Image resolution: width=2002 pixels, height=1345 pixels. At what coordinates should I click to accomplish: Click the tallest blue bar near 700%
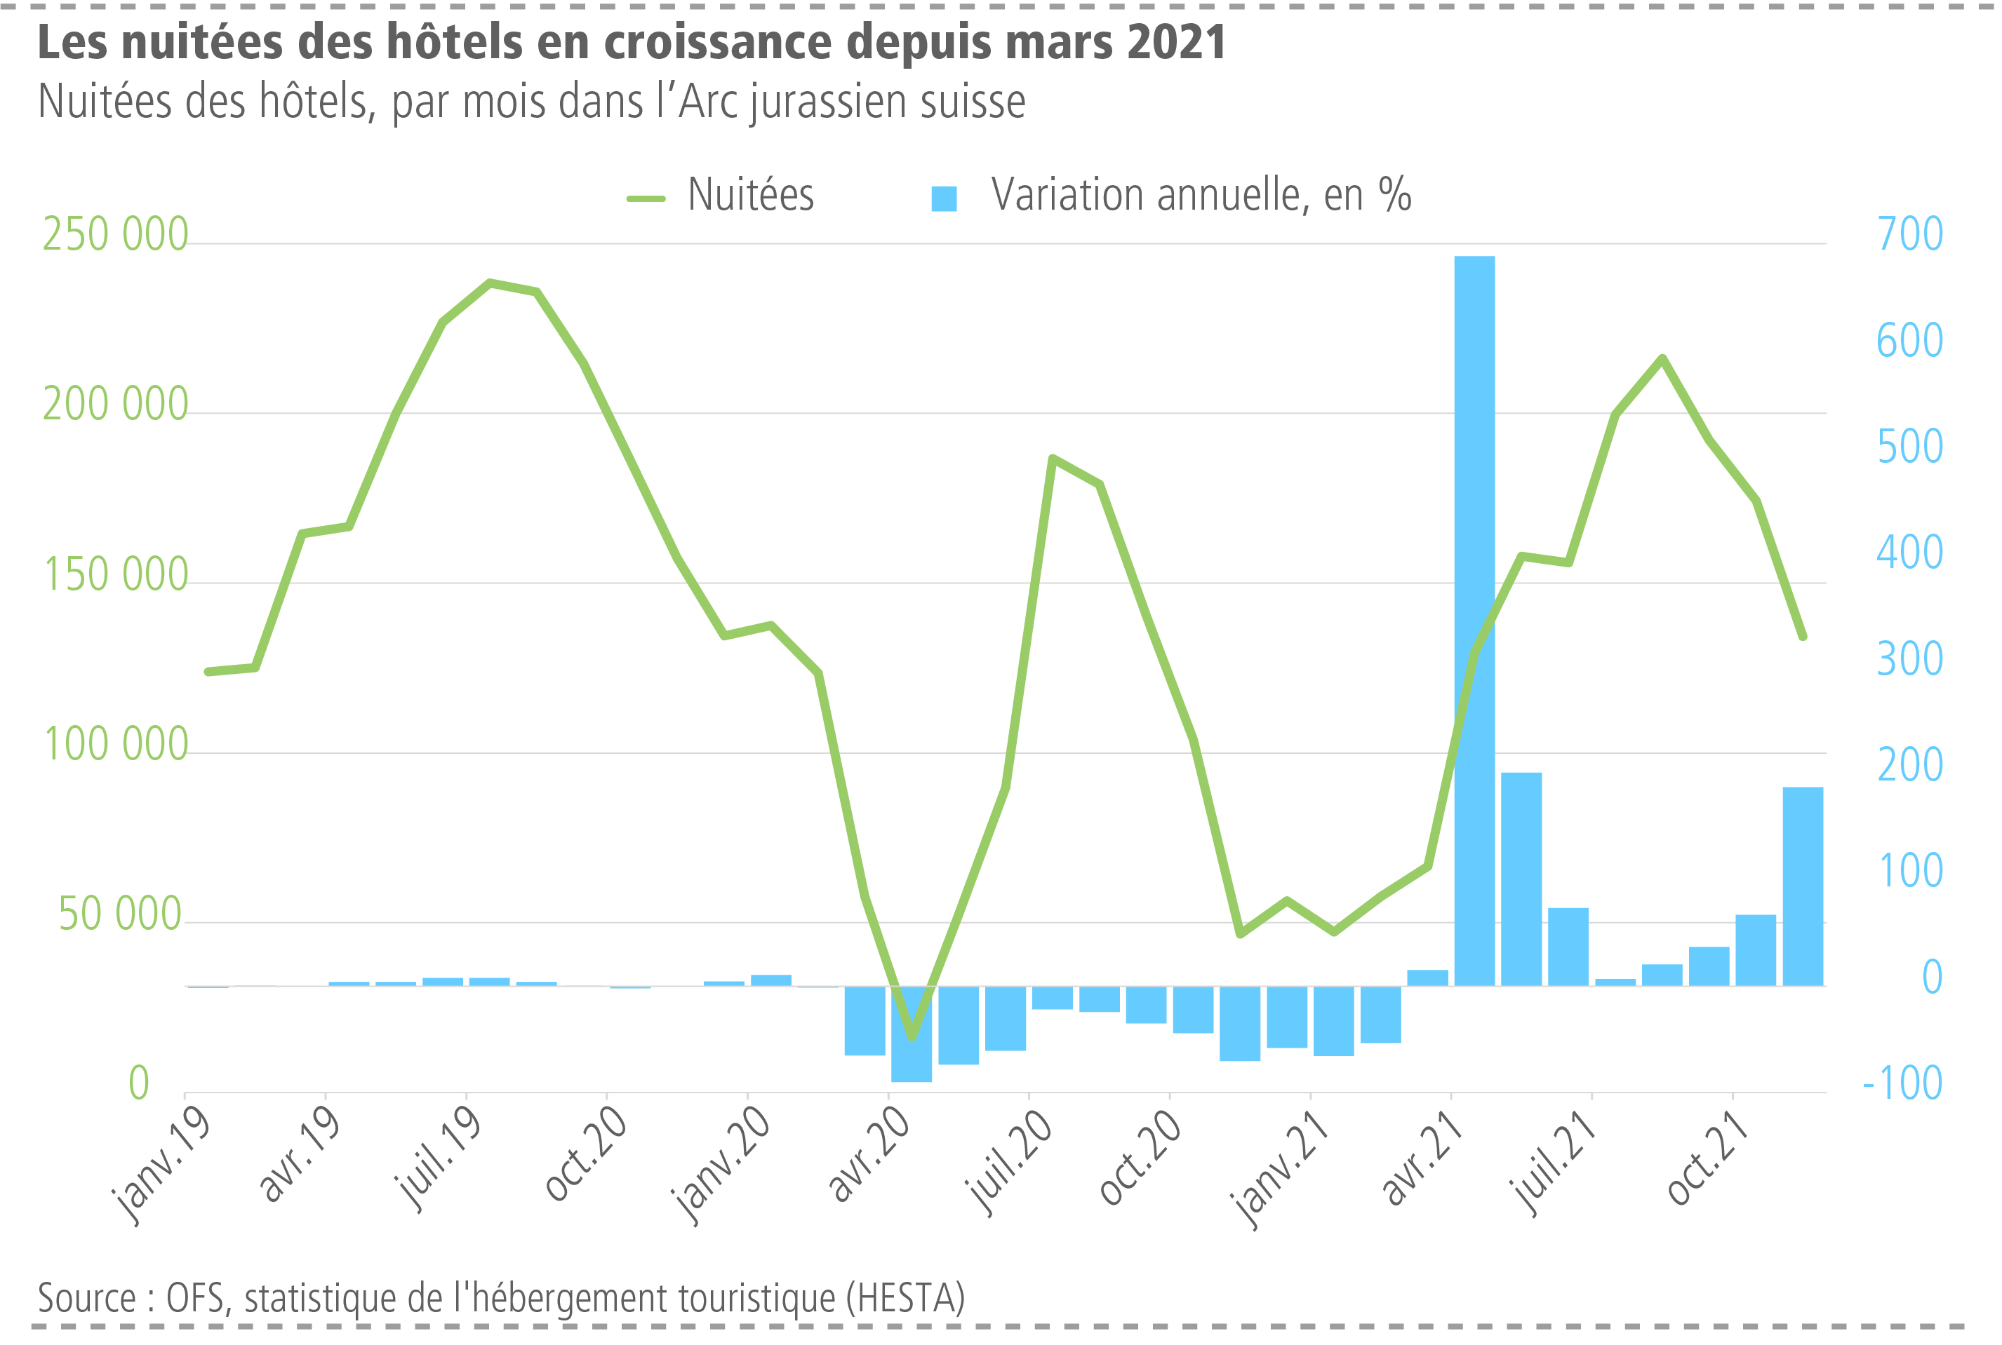click(x=1474, y=618)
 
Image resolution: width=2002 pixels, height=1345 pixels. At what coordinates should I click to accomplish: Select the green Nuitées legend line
click(x=646, y=198)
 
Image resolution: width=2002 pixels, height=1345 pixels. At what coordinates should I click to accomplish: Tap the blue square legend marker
click(x=944, y=199)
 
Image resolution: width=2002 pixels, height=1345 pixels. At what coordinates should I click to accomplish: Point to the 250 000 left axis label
click(x=115, y=234)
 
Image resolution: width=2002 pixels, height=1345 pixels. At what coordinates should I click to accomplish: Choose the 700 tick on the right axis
click(x=1910, y=234)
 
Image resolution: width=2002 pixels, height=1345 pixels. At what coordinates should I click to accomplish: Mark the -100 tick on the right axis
click(x=1902, y=1083)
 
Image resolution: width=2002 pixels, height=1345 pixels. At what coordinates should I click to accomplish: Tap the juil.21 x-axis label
click(x=1555, y=1161)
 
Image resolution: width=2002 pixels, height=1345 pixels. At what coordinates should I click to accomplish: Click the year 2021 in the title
click(x=1175, y=43)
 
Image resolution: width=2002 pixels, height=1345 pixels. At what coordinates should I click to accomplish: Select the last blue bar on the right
click(x=1802, y=886)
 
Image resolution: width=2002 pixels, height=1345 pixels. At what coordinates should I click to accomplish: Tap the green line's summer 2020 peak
click(x=1053, y=458)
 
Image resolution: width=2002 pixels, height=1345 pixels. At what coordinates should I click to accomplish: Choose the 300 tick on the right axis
click(x=1910, y=658)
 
